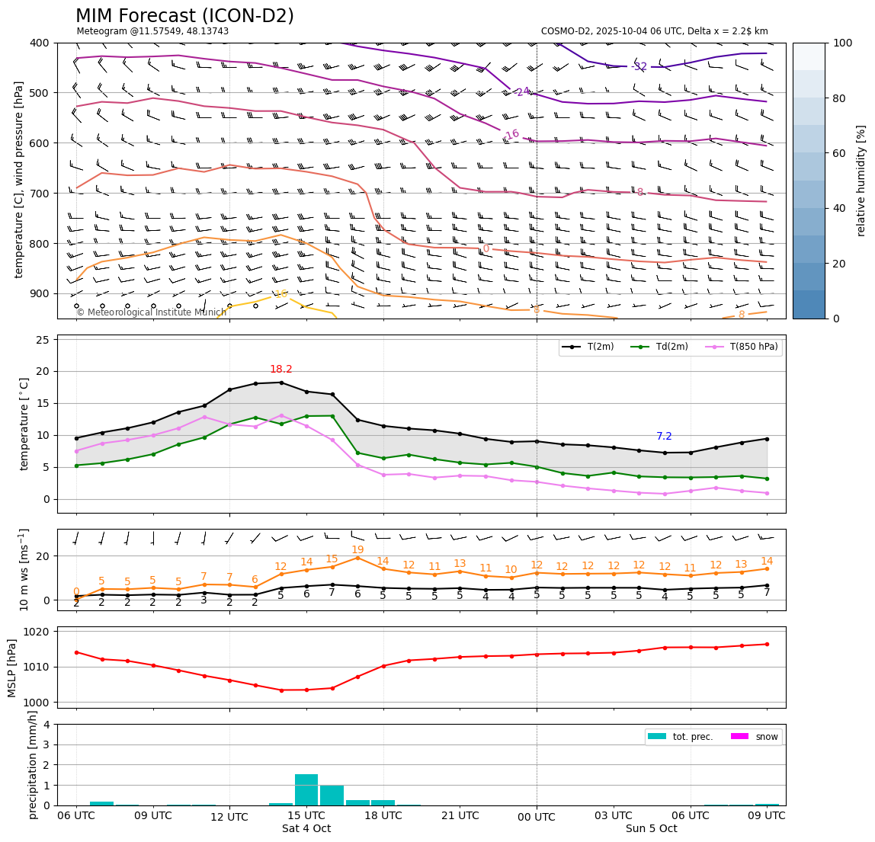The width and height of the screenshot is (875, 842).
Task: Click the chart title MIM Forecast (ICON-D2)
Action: (x=184, y=16)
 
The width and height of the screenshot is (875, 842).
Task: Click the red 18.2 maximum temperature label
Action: (x=281, y=370)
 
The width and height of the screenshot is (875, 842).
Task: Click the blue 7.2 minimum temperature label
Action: (x=664, y=437)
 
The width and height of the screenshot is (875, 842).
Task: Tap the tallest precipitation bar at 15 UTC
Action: (x=306, y=789)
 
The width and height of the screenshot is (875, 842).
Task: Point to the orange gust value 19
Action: (x=357, y=550)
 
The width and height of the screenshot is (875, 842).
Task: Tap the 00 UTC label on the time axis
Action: (x=537, y=817)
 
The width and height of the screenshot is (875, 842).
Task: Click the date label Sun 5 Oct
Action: (x=651, y=829)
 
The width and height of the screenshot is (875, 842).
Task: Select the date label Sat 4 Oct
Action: (x=306, y=829)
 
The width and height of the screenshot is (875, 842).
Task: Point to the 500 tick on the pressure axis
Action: (x=38, y=93)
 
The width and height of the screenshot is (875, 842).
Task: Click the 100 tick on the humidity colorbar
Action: (x=842, y=43)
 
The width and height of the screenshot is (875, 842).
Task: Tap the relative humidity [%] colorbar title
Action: (x=861, y=181)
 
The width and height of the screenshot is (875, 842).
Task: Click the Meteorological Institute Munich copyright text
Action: (x=151, y=312)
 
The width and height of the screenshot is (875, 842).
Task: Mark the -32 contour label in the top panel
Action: (x=639, y=67)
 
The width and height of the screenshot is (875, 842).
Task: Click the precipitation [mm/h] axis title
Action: (x=32, y=764)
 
